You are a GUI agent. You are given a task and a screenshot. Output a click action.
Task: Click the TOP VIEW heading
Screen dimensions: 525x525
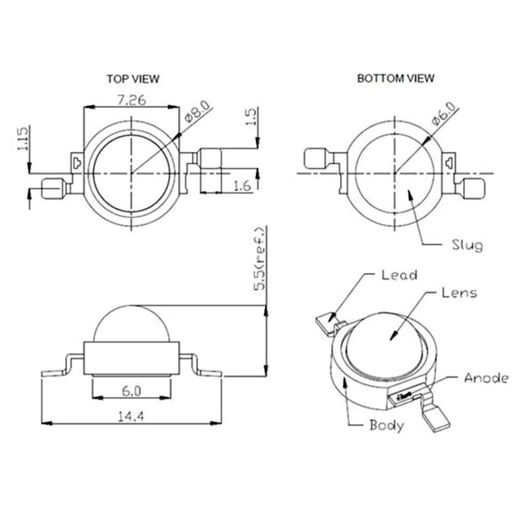click(133, 79)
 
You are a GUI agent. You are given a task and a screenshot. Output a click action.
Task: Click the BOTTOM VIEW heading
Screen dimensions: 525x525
click(395, 78)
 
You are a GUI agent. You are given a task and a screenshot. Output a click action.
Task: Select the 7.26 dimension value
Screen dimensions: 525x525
click(131, 100)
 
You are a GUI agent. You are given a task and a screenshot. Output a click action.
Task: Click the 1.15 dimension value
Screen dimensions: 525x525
click(22, 139)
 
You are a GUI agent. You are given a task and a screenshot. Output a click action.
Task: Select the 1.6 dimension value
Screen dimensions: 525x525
click(242, 186)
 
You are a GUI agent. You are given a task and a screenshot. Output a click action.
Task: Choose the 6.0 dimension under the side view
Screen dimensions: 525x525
click(131, 391)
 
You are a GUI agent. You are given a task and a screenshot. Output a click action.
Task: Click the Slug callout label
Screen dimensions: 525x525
click(467, 245)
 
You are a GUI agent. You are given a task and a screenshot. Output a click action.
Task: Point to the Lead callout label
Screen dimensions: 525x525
click(399, 275)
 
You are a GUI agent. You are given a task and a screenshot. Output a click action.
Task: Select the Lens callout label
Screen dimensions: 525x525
click(459, 293)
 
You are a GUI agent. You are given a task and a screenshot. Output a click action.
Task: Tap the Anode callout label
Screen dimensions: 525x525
click(486, 377)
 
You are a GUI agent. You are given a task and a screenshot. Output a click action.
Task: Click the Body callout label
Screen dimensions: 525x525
click(387, 425)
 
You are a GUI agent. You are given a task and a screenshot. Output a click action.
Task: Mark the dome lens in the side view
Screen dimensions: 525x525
click(131, 325)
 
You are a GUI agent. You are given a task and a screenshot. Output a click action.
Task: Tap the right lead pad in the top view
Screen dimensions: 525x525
click(210, 159)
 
